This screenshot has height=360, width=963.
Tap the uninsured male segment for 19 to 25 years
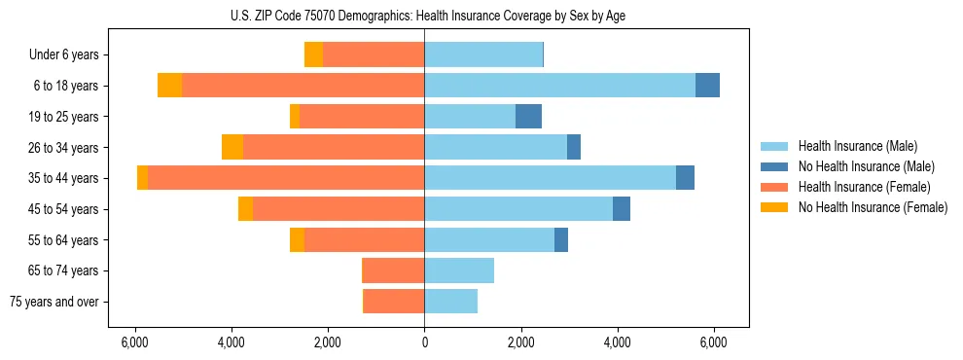528,117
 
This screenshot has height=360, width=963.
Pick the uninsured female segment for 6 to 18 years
170,86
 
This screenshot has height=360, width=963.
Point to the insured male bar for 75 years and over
450,302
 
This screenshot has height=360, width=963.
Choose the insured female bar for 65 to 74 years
393,270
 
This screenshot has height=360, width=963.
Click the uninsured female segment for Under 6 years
313,54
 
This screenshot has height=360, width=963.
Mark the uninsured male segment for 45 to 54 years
622,209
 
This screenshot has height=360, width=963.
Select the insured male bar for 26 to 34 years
495,147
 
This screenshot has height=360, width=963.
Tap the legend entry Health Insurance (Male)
857,146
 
